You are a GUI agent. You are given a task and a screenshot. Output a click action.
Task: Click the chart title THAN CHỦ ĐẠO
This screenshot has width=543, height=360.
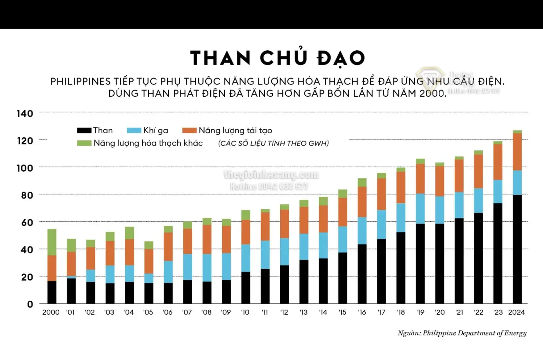pos(277,58)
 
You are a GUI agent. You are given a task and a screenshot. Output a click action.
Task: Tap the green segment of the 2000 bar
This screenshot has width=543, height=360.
pos(52,242)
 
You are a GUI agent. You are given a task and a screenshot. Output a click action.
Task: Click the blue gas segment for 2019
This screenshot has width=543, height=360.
pos(420,209)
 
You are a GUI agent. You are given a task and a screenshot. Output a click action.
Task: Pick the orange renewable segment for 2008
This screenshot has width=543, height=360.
pos(207,239)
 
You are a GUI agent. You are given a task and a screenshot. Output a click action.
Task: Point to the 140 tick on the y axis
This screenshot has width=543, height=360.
pos(25,114)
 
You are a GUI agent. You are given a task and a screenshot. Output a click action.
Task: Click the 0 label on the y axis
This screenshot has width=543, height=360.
pos(30,304)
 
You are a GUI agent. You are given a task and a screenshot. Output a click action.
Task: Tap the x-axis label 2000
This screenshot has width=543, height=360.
pos(51,312)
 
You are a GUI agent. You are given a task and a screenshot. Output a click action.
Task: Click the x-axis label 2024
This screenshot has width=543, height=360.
pos(516,312)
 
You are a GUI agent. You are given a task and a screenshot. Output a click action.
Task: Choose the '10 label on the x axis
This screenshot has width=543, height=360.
pos(245,312)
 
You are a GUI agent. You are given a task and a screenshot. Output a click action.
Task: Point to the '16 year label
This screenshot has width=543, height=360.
pos(362,312)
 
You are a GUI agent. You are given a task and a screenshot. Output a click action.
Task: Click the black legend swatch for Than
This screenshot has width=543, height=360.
pos(84,130)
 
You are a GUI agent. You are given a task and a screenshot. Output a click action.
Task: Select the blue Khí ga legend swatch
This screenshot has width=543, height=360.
pos(134,130)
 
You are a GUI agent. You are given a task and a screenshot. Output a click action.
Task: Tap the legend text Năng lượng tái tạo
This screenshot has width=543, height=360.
pos(235,130)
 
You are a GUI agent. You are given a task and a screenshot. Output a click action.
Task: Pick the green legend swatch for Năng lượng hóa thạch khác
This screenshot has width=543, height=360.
pos(84,143)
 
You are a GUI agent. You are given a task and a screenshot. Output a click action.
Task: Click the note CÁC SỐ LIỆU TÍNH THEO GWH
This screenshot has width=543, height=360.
pos(273,143)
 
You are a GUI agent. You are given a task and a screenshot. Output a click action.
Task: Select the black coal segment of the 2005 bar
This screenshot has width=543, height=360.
pos(148,293)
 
